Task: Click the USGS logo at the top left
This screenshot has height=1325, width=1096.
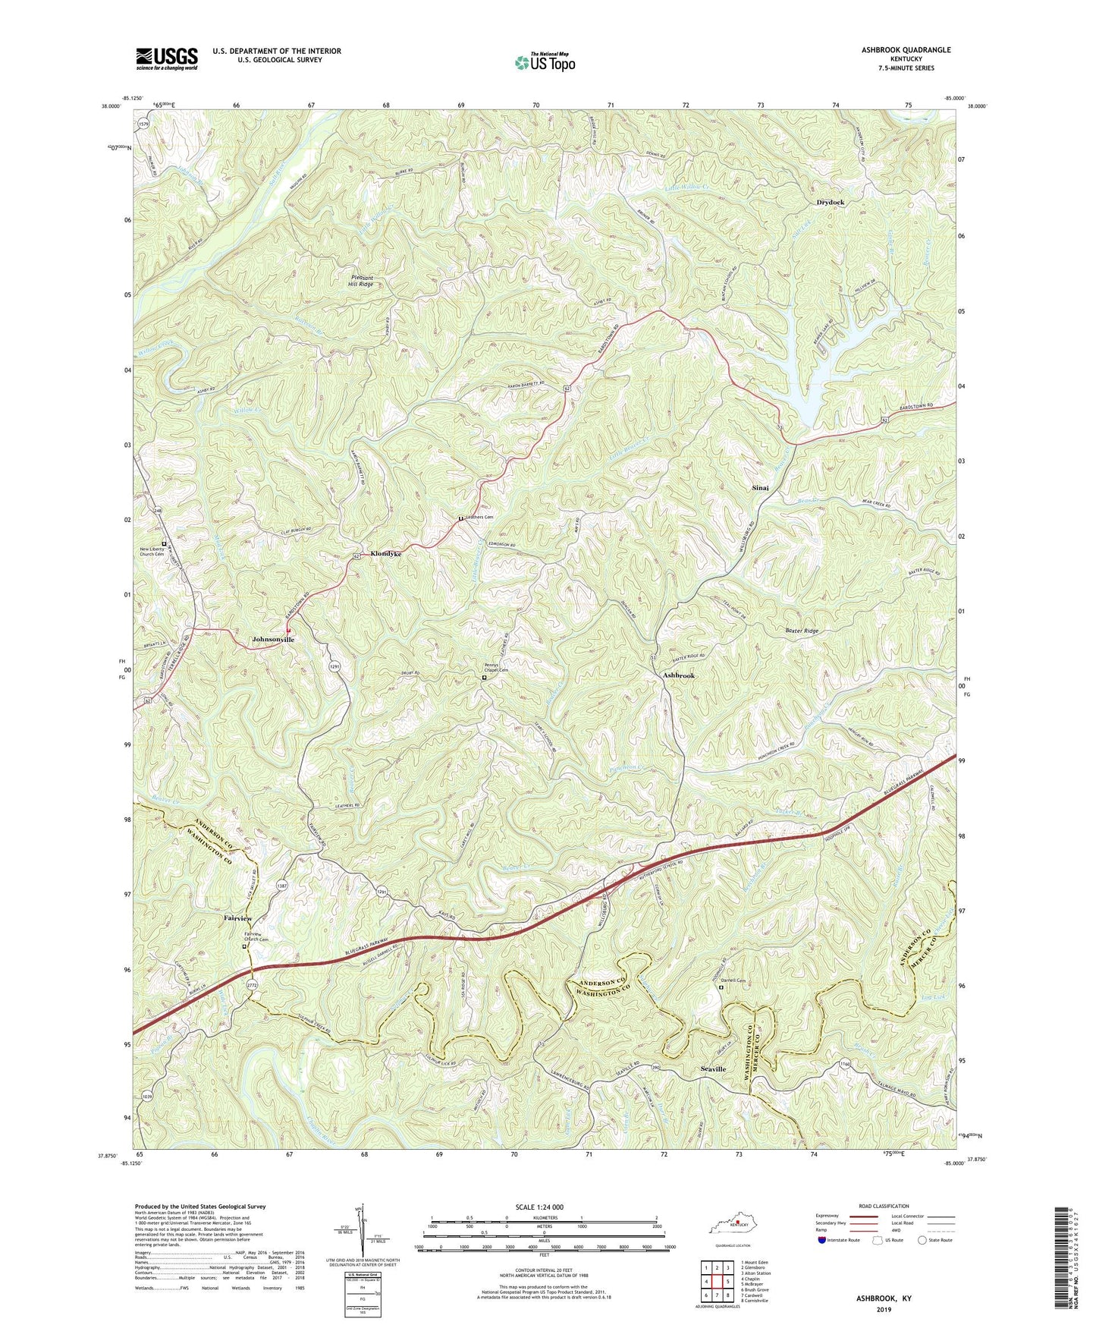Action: [167, 58]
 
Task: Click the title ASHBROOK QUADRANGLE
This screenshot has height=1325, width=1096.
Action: [906, 50]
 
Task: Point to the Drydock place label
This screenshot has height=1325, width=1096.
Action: [831, 203]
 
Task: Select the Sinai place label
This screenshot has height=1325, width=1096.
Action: [761, 488]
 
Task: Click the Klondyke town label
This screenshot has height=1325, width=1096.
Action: [386, 555]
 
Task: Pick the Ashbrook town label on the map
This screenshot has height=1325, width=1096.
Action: [679, 675]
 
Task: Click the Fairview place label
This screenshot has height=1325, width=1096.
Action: [237, 918]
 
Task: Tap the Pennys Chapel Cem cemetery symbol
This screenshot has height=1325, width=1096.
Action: [485, 678]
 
